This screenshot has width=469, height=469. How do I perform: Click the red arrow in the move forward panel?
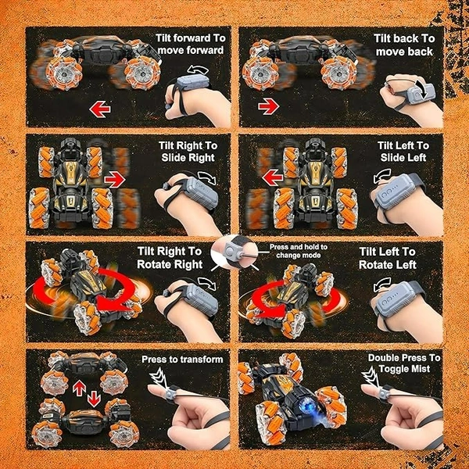pos(100,109)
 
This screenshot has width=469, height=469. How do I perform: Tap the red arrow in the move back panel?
pos(269,106)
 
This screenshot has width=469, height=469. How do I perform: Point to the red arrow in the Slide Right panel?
pos(115,180)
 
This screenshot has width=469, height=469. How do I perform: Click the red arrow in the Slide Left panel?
pos(273,177)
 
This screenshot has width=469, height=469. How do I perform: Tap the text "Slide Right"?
pos(188,158)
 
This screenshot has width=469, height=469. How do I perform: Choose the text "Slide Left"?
pos(403,158)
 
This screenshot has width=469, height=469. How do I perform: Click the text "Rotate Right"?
pos(170,264)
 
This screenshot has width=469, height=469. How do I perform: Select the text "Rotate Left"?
pos(388,265)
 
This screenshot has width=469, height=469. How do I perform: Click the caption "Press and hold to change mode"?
pos(299,251)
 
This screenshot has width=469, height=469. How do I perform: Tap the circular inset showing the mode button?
pos(234,252)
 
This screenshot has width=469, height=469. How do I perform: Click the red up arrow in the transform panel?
pos(79,388)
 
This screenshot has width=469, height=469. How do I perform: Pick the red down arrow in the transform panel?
pos(94,399)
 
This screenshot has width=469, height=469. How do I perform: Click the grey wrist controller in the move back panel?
pos(421,92)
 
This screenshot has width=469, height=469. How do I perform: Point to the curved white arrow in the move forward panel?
pos(198,70)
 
